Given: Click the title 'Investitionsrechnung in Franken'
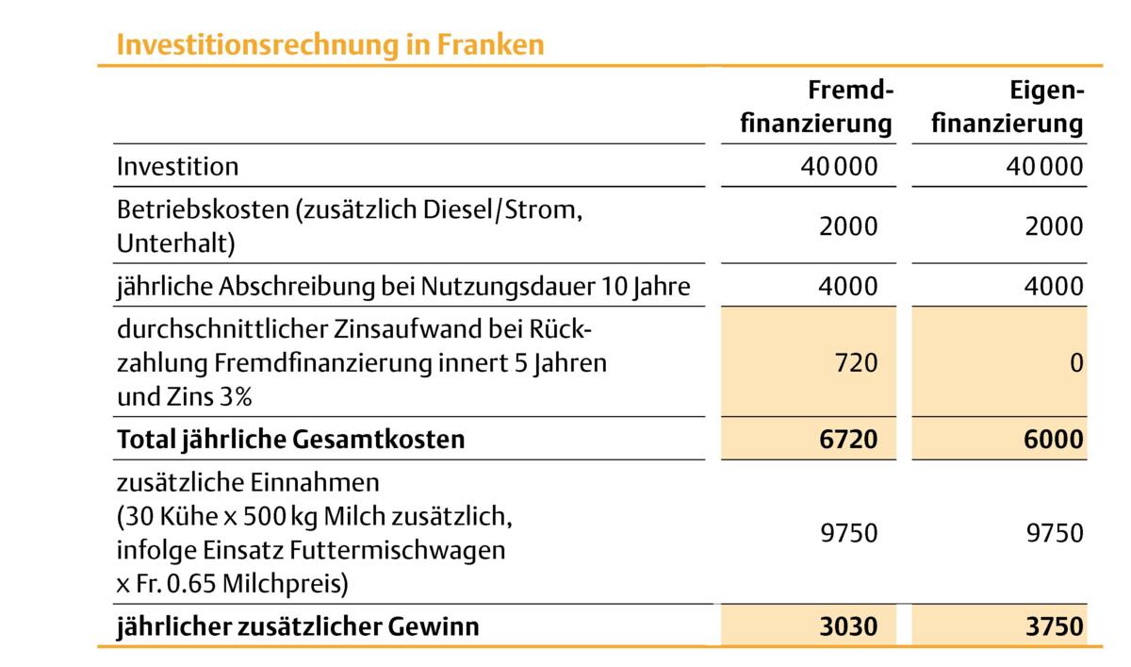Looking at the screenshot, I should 330,44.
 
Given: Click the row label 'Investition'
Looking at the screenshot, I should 177,167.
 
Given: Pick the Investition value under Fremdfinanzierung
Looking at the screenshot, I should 838,167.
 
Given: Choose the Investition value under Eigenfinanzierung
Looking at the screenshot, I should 1044,167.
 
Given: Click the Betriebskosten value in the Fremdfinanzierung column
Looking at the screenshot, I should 848,226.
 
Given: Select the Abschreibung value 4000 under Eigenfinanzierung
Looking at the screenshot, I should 1054,286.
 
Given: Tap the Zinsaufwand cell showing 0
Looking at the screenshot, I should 1076,361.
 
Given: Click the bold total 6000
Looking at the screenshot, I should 1053,440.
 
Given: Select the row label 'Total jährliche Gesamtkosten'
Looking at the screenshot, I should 290,440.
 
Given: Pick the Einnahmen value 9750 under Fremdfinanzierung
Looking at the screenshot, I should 848,533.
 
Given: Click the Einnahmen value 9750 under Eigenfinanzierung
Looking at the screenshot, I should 1054,533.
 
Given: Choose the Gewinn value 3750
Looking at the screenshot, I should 1053,626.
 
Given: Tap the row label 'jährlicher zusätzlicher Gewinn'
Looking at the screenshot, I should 298,626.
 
